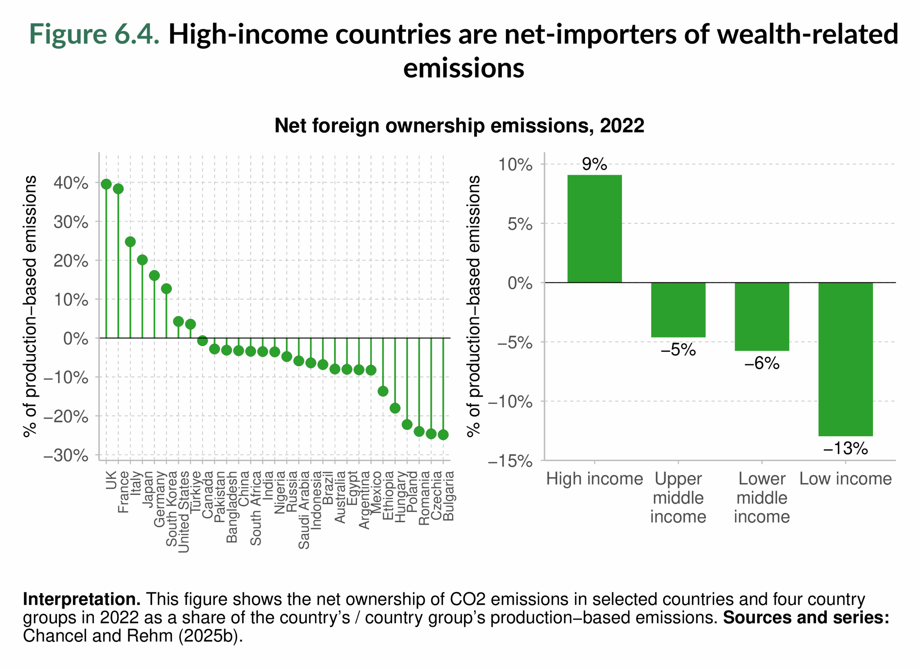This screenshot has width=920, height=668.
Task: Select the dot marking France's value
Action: [118, 189]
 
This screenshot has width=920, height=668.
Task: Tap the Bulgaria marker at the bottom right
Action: [443, 435]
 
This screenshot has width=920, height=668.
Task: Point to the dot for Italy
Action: [130, 242]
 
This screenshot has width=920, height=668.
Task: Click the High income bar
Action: [594, 229]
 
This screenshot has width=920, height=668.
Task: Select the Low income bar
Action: [845, 359]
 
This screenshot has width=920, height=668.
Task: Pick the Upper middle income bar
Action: [678, 310]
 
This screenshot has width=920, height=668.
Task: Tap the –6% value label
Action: [762, 363]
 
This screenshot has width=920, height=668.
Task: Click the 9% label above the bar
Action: [594, 164]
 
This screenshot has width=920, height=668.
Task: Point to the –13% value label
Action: [845, 449]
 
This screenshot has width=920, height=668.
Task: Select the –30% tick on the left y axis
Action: [66, 456]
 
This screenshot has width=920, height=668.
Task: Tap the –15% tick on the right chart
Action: [510, 461]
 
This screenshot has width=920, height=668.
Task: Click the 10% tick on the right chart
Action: [515, 165]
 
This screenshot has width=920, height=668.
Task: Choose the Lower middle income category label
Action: [762, 498]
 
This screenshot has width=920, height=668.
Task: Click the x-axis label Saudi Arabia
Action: [304, 510]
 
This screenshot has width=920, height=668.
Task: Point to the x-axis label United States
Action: [184, 511]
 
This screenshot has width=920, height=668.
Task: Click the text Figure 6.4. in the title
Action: [94, 34]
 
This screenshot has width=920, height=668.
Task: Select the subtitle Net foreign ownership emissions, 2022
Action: [459, 126]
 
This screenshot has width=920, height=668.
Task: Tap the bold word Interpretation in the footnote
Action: [82, 599]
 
